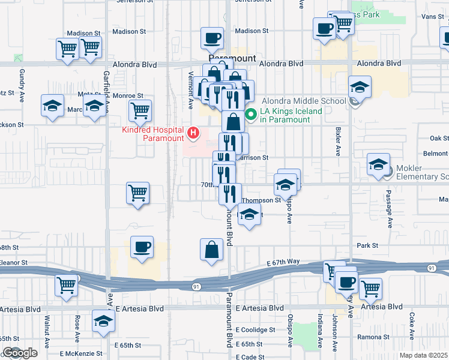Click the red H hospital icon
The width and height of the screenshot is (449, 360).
193,132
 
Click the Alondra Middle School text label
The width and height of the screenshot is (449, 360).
304,101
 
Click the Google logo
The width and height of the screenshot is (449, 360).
19,353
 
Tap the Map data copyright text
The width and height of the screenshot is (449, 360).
424,355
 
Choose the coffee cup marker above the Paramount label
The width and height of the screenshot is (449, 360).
212,38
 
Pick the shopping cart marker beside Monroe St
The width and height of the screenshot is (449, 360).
140,110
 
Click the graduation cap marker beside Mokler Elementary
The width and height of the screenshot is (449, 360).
379,164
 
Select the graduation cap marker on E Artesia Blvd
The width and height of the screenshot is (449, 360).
104,322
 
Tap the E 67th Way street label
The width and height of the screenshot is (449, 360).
283,262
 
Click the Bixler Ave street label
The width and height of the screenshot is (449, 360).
337,142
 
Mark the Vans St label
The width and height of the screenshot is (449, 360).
432,17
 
